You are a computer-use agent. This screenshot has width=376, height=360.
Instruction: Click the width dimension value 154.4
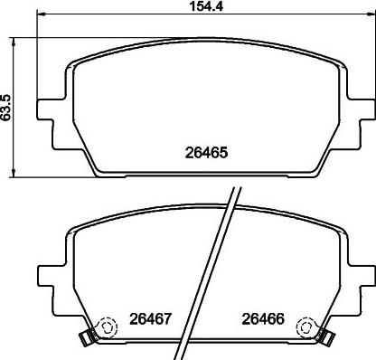(206, 6)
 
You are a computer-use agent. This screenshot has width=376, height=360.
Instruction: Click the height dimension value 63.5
(6, 108)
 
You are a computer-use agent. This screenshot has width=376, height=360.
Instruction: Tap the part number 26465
(206, 153)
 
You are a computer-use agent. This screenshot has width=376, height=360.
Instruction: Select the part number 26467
(151, 318)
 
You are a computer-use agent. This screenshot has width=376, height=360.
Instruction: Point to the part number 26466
(263, 318)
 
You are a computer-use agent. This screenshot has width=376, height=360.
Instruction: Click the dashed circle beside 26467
(108, 327)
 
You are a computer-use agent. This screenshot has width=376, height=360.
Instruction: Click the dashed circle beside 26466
(305, 327)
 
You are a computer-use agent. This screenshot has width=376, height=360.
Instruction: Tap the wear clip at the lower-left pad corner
(86, 336)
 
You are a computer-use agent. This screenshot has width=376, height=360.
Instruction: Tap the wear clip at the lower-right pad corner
(328, 336)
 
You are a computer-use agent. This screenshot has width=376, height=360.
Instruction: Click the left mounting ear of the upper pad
(45, 109)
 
